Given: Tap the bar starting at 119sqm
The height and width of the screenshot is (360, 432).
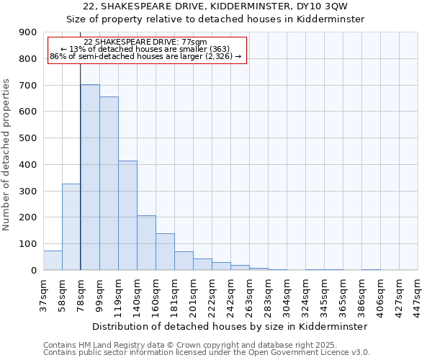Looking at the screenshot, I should (127, 215).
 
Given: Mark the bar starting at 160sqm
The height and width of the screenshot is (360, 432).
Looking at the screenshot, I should (165, 252).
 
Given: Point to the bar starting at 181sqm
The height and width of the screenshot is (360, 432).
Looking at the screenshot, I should (184, 261).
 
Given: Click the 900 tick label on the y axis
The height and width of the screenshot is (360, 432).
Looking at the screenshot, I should (28, 32).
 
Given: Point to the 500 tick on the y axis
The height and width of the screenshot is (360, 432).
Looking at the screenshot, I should (28, 138).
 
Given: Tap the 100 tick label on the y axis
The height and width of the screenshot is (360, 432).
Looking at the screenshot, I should (28, 244).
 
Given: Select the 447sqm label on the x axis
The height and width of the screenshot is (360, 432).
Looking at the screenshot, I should (418, 294).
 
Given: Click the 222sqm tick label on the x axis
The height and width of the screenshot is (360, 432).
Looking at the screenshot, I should (212, 294).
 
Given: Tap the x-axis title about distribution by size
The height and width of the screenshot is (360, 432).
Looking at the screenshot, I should (230, 326).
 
